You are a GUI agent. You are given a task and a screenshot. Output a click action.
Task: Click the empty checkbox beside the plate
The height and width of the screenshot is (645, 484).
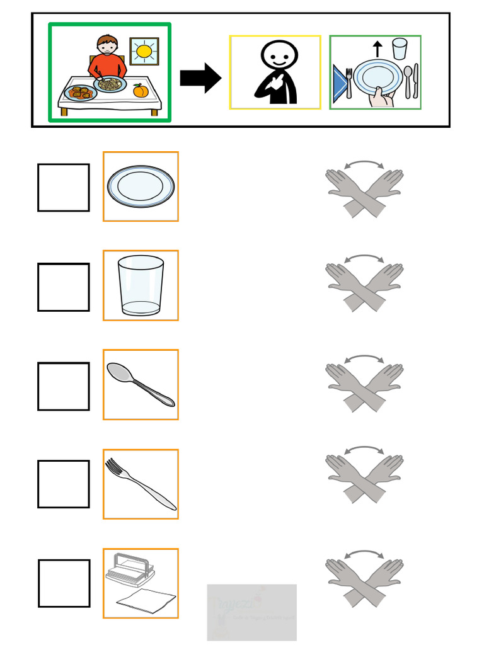click(x=63, y=188)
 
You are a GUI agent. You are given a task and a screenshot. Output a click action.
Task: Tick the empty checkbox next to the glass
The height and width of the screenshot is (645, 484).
click(x=63, y=287)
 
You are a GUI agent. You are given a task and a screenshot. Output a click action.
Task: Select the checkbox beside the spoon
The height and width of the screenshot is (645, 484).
click(x=63, y=386)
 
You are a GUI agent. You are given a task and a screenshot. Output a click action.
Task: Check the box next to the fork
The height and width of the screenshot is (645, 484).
click(x=63, y=484)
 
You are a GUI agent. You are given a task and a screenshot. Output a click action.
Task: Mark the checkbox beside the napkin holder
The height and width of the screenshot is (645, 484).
click(x=63, y=583)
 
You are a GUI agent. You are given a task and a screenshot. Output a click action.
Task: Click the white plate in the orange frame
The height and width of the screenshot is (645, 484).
click(x=141, y=186)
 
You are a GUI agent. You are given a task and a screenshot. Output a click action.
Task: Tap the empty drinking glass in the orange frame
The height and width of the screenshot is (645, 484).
click(x=141, y=285)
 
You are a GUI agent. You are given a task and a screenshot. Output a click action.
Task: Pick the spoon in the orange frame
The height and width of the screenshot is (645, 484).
click(x=140, y=384)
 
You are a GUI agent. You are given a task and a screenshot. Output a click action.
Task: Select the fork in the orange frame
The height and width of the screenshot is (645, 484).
click(x=140, y=483)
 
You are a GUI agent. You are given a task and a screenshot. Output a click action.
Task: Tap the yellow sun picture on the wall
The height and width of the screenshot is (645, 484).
click(x=144, y=51)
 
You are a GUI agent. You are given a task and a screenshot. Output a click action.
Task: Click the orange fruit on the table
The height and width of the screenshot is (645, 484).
click(x=140, y=91)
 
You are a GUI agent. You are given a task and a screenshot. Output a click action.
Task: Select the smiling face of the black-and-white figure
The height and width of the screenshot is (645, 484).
click(x=278, y=58)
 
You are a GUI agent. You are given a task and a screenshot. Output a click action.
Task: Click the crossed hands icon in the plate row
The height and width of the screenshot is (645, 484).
click(x=364, y=189)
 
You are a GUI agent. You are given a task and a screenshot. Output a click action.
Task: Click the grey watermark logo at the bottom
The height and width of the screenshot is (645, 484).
click(x=251, y=612)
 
